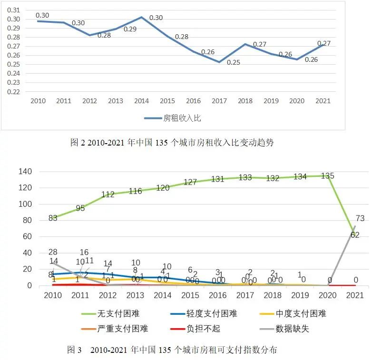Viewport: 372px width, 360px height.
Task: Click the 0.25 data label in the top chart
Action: click(233, 62)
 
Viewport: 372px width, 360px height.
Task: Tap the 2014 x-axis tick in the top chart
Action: click(141, 101)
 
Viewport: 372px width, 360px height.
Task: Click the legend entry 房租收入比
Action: click(178, 117)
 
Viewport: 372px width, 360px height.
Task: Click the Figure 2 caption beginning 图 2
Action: click(172, 143)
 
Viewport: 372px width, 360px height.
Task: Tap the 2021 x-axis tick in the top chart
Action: click(323, 101)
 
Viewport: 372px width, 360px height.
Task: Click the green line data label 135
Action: click(327, 176)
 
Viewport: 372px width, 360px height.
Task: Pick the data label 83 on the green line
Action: click(53, 218)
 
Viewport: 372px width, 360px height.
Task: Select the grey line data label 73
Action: click(360, 218)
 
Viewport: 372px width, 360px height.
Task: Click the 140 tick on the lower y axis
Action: click(25, 171)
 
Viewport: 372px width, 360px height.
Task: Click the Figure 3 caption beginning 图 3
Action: click(172, 350)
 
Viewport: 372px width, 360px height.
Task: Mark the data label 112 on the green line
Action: click(108, 195)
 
